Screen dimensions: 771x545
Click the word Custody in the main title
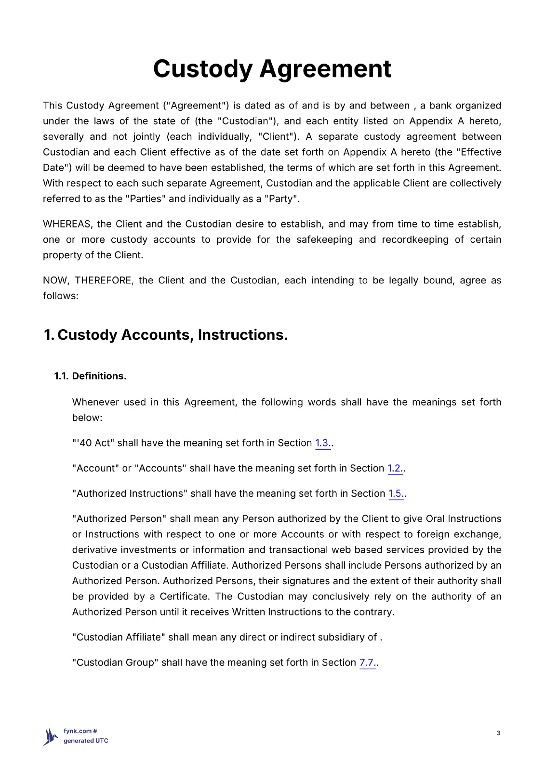coord(202,69)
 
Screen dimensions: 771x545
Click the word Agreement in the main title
coord(326,69)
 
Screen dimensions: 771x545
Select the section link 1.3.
coord(322,443)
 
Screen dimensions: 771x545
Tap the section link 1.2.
coord(395,468)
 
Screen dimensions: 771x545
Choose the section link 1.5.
coord(396,494)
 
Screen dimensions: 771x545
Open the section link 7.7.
coord(367,663)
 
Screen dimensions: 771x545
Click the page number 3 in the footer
coord(498,733)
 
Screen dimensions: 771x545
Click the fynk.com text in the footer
coord(78,731)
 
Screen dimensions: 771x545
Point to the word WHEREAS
coord(67,224)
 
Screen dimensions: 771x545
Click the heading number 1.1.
coord(61,376)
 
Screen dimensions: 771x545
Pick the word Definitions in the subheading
coord(99,376)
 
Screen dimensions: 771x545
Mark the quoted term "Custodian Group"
coord(115,663)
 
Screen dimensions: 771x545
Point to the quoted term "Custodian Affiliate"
coord(119,638)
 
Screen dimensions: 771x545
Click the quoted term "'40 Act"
coord(93,443)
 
